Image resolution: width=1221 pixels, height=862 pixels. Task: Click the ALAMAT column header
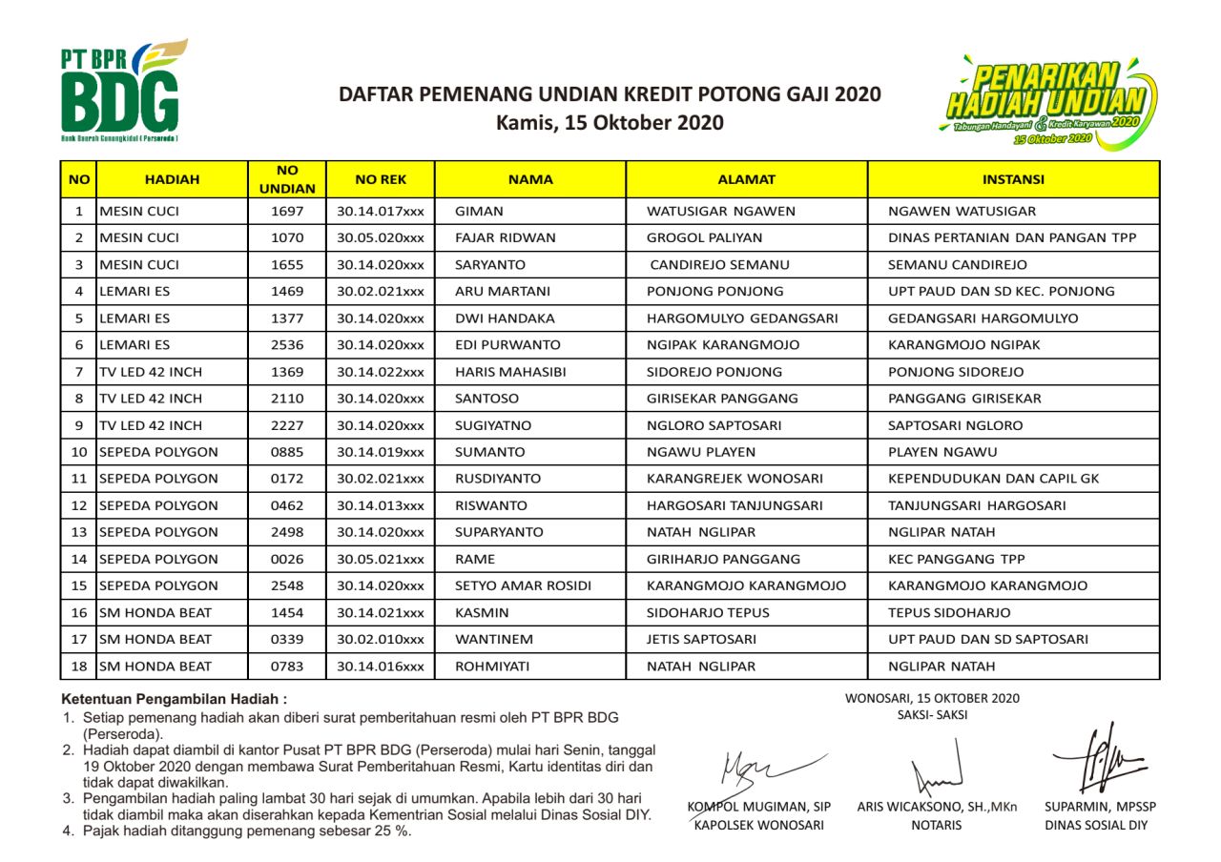coord(746,179)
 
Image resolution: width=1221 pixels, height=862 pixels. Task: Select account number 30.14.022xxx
coord(381,372)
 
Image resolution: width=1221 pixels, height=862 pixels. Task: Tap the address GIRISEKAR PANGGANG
coord(722,399)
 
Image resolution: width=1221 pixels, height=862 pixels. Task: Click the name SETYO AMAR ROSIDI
coord(523,585)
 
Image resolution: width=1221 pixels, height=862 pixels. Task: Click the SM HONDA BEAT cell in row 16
coord(155,612)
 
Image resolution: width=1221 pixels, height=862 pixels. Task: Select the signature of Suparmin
coord(1097,758)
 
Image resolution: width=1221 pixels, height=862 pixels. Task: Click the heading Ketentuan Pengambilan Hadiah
coord(174,699)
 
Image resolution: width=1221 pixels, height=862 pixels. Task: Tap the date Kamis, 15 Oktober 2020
coord(610,123)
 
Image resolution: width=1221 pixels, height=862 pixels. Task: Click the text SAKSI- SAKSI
coord(931,715)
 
